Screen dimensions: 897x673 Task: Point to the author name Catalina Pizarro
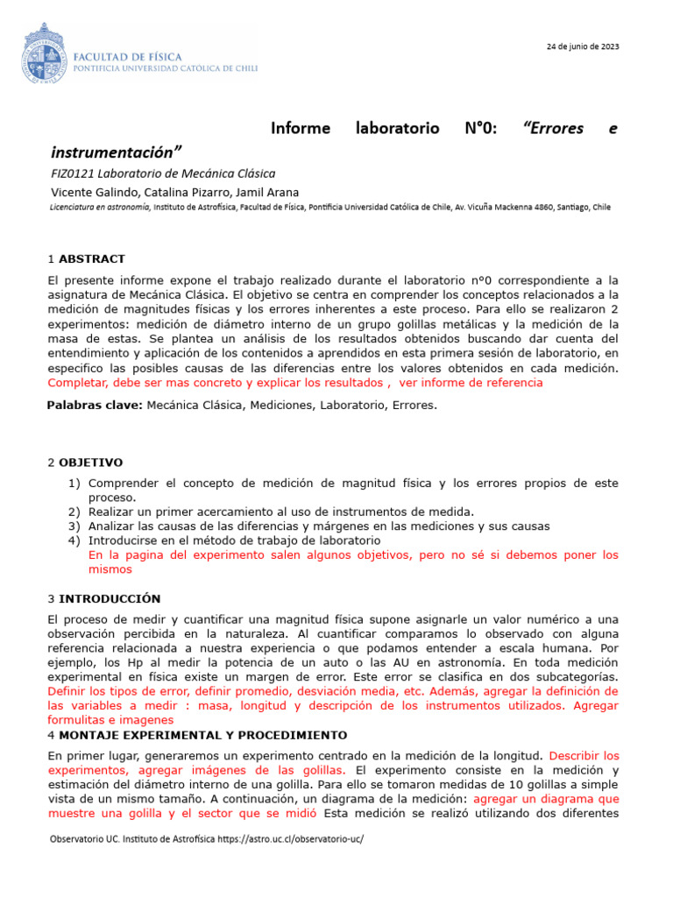166,192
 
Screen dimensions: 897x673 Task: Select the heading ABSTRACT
92,259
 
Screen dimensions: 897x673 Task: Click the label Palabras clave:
95,405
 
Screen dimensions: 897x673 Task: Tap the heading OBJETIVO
91,463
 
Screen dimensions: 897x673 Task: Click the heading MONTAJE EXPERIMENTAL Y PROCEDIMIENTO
202,735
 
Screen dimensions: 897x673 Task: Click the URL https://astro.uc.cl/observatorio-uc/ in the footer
293,838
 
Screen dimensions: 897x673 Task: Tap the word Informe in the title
301,129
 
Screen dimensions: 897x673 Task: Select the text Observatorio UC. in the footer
81,838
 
